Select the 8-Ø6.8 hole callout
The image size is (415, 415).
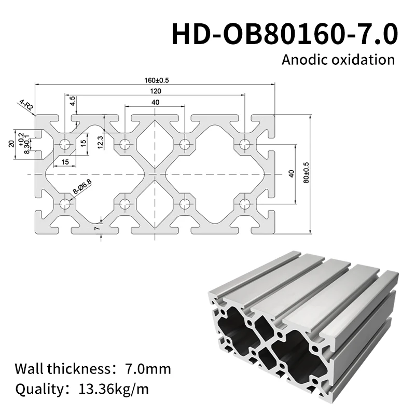[82, 187]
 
